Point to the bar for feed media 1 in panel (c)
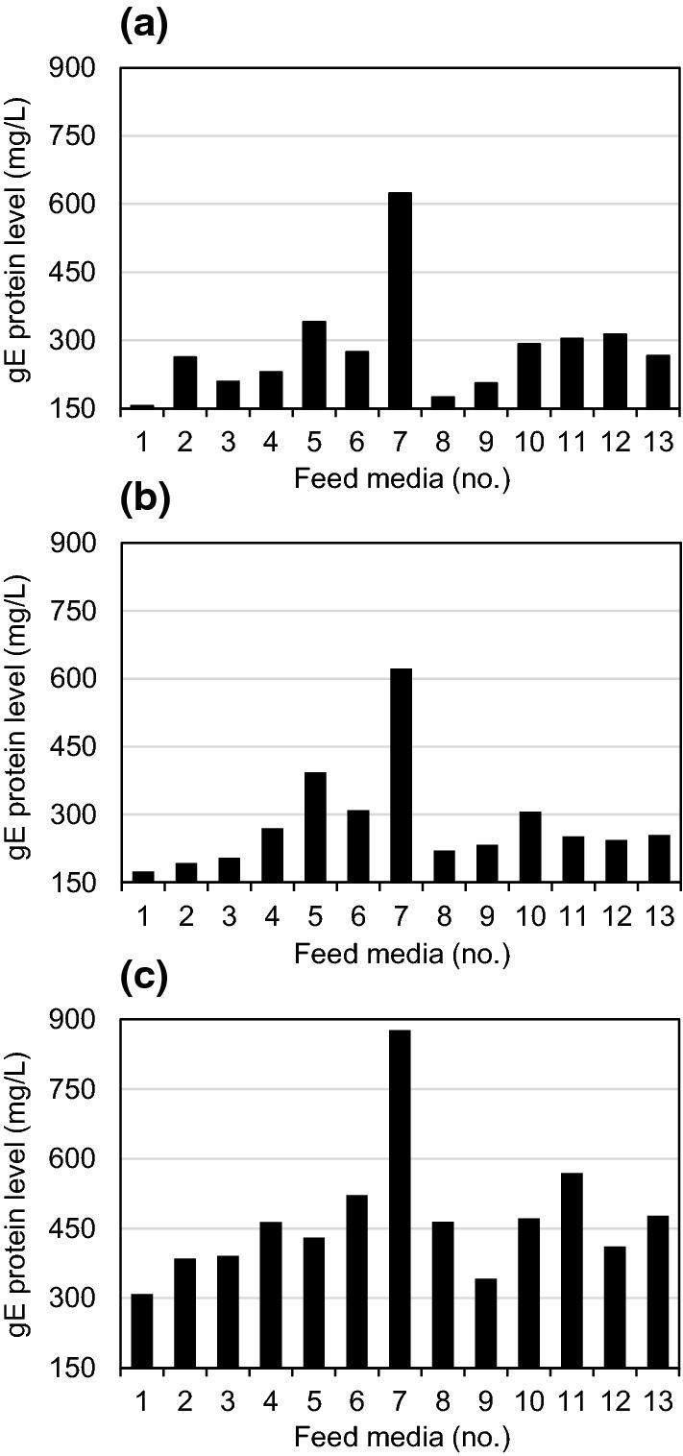pos(142,1330)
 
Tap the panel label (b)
pos(144,500)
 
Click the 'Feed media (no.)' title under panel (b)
pos(402,954)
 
